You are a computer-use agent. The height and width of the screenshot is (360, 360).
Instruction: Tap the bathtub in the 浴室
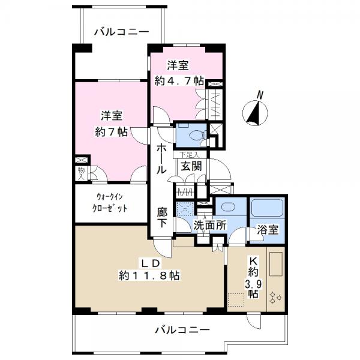267,208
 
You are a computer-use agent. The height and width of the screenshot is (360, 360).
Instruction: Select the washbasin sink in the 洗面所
228,206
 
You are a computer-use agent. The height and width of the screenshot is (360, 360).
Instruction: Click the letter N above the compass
260,95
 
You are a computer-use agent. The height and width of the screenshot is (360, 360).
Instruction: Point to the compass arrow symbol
256,113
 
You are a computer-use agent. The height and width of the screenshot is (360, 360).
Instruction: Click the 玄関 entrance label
191,166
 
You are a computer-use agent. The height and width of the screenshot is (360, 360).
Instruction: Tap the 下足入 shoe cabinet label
189,155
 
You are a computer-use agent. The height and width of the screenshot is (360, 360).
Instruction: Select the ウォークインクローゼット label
110,203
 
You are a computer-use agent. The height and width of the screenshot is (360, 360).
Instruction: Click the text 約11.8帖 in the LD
149,275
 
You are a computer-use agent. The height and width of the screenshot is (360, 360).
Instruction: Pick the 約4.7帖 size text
179,81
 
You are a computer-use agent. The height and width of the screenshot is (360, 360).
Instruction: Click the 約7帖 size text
112,132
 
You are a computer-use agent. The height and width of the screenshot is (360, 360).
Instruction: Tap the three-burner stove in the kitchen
275,298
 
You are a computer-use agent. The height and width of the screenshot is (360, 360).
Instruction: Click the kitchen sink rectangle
275,264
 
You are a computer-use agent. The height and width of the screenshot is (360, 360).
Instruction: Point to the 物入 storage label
81,173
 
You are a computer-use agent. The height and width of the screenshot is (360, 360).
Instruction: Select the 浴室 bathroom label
268,229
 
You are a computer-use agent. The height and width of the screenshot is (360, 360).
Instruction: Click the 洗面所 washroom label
210,225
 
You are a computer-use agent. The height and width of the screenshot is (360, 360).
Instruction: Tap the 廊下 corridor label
162,217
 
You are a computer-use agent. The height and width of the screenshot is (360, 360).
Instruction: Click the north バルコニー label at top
122,32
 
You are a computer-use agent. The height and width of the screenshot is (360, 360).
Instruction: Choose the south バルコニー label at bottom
182,331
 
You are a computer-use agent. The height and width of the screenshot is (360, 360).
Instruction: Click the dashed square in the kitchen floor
236,300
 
